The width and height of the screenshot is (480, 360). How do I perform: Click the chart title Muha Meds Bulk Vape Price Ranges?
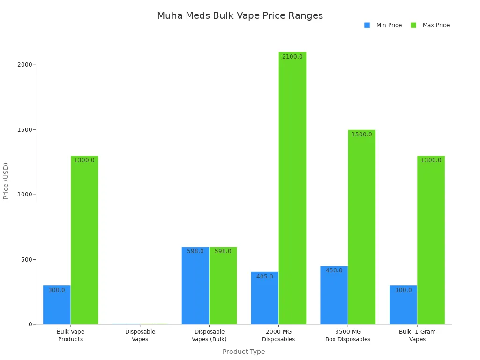coord(240,15)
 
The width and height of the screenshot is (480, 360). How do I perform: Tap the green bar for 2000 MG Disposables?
coord(292,187)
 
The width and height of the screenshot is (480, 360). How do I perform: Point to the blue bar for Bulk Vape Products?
coord(57,305)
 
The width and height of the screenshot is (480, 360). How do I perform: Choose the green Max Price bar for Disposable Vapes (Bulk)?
coord(223,285)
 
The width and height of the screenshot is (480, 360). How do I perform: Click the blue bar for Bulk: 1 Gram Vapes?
coord(403,305)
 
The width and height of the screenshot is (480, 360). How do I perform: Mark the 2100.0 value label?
coord(292,57)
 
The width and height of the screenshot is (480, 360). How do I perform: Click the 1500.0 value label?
coord(361,135)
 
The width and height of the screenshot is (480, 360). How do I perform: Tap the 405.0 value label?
coord(264,277)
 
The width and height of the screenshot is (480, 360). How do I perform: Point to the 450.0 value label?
coord(334,270)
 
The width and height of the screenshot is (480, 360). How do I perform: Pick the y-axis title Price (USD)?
coord(6,181)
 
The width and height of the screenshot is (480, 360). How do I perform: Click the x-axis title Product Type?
coord(243,352)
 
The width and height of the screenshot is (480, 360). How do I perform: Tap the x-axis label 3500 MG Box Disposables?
coord(347,336)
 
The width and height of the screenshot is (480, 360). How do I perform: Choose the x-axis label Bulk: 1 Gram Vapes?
coord(417,336)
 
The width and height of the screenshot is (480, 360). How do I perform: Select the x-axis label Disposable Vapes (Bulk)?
coord(209,336)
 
